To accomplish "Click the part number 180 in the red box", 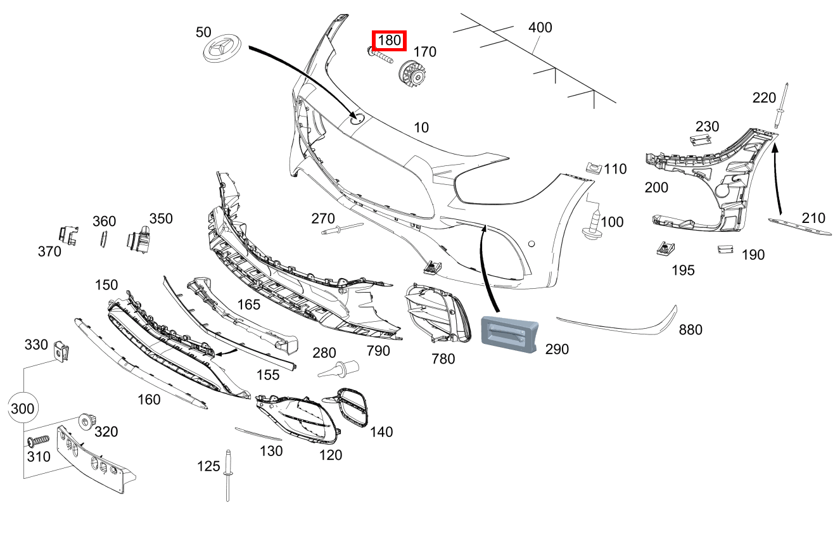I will tap(389, 41).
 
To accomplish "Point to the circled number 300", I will tap(23, 409).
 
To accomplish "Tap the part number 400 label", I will tap(540, 28).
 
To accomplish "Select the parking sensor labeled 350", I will tap(139, 239).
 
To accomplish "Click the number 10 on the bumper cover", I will tap(421, 127).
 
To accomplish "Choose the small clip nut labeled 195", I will tap(665, 248).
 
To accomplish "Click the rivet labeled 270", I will tap(341, 229).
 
